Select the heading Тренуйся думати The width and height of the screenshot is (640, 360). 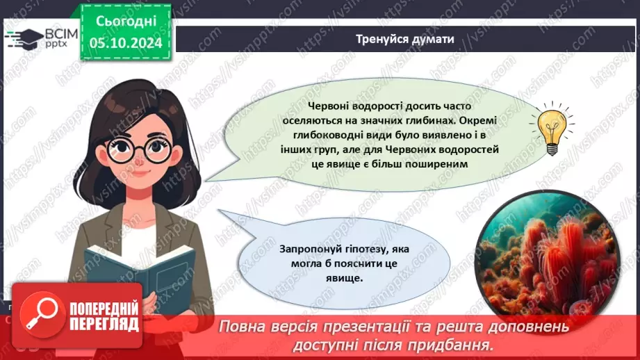(406, 39)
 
